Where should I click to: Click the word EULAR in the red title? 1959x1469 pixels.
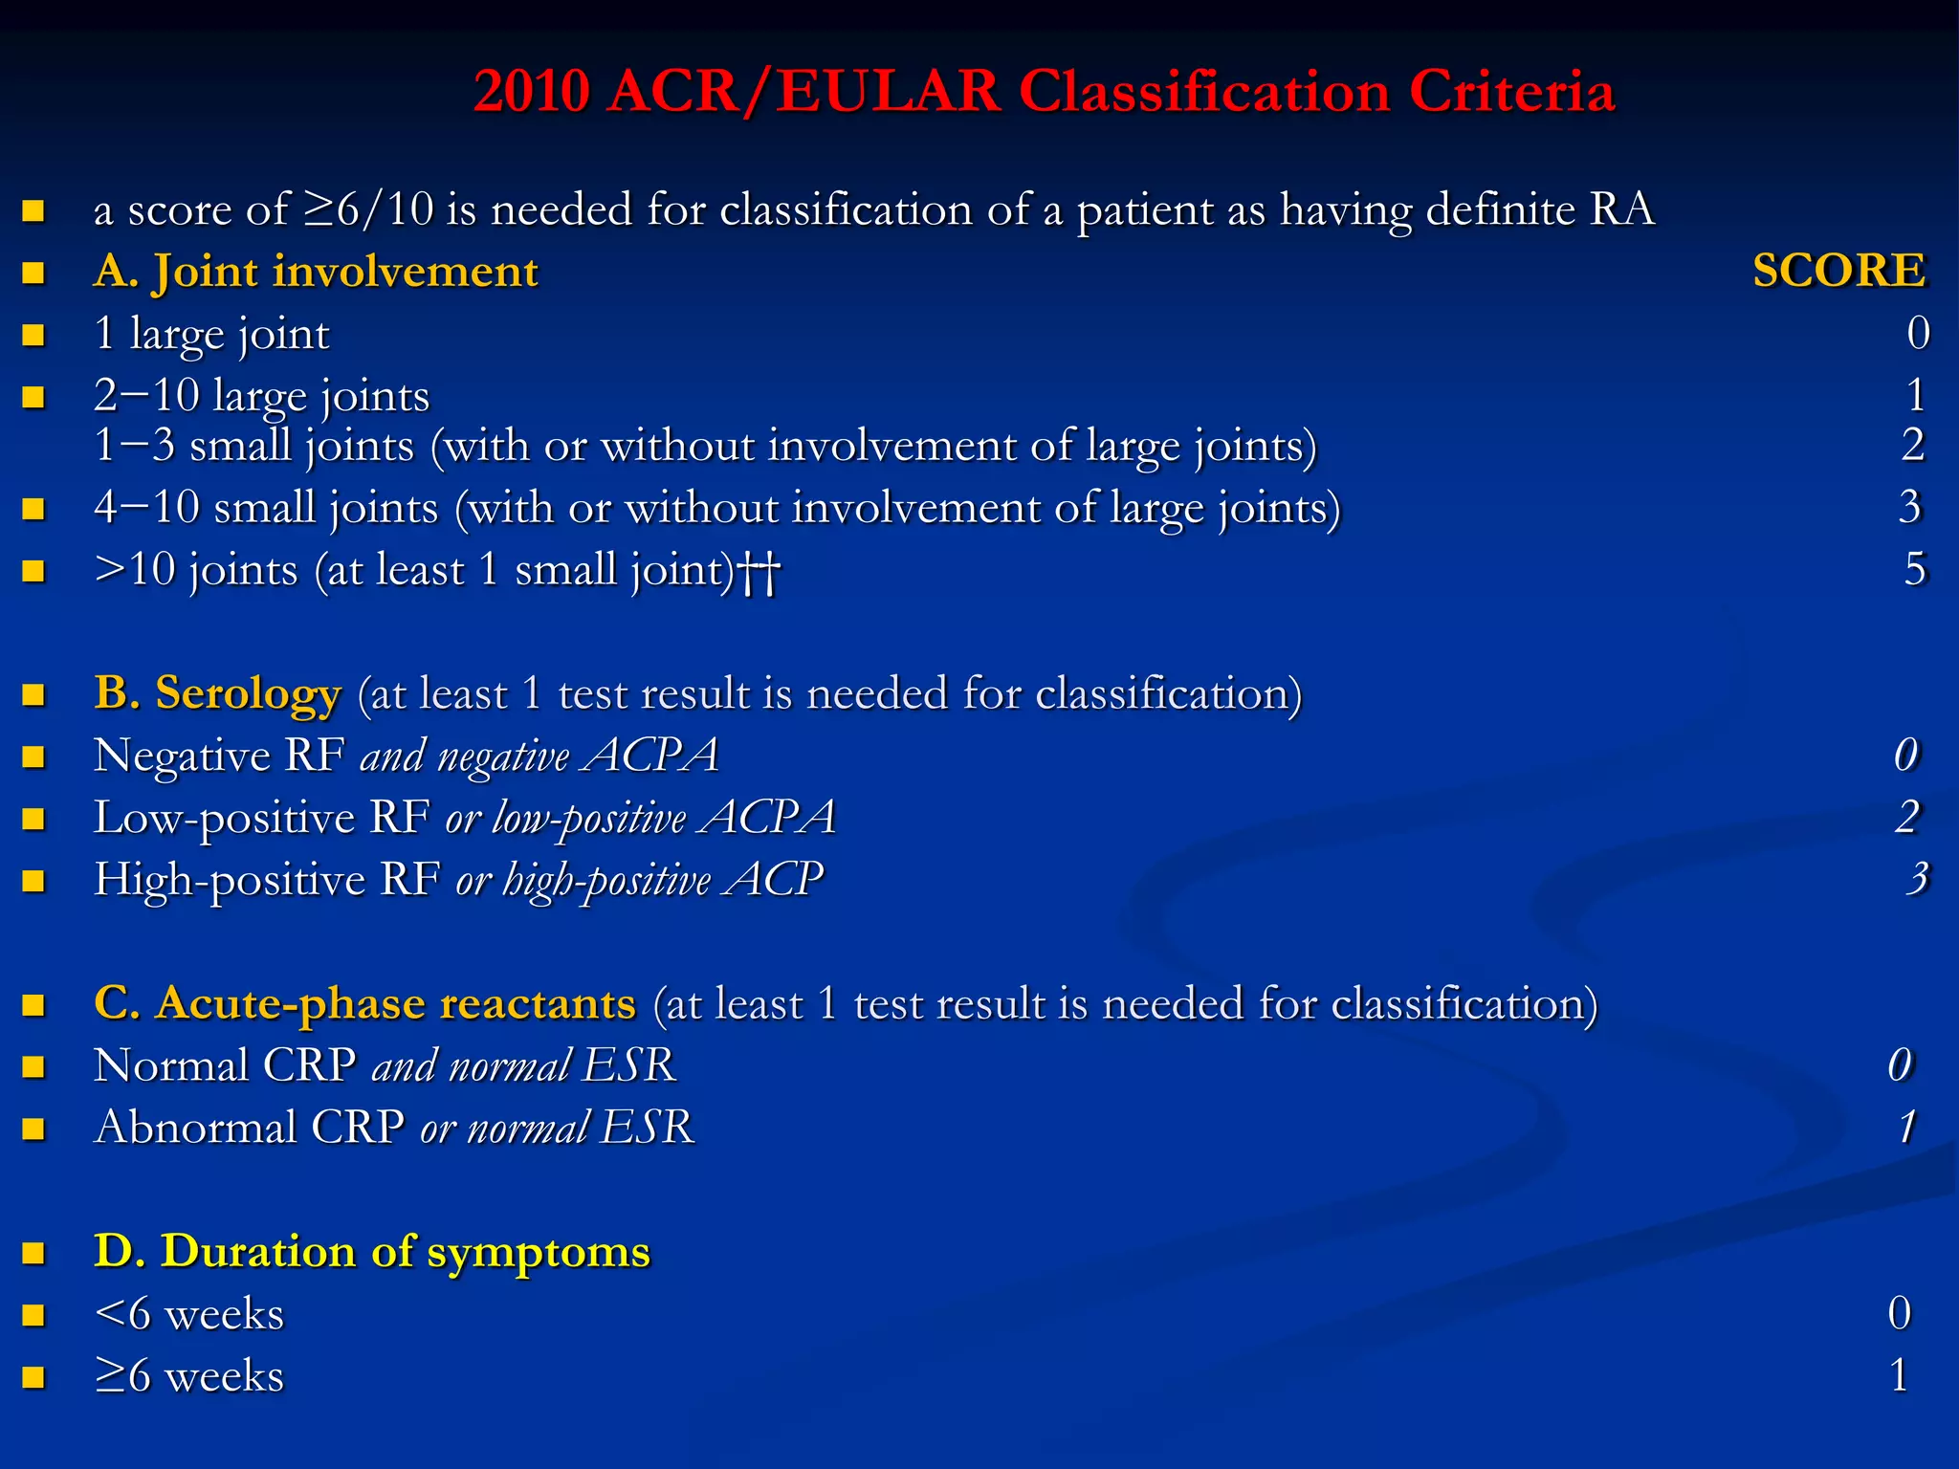[x=888, y=93]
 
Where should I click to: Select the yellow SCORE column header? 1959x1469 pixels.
[x=1838, y=271]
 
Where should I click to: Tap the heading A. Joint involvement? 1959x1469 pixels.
[x=316, y=272]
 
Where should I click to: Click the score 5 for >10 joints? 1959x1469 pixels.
[x=1914, y=569]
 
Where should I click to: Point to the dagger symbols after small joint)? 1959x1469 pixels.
[x=760, y=572]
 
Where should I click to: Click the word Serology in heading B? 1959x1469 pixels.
[x=248, y=693]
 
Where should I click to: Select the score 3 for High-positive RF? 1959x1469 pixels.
[x=1917, y=879]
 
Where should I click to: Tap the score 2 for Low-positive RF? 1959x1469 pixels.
[x=1907, y=817]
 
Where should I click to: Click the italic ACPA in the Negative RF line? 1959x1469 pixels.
[x=652, y=756]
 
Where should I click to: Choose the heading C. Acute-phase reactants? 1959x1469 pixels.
[x=364, y=1003]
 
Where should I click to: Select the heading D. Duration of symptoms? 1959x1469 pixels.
[x=371, y=1251]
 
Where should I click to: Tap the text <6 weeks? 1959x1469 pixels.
[x=188, y=1314]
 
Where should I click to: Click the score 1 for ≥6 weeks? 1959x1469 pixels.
[x=1900, y=1375]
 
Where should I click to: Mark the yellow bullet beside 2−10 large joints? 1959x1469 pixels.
[x=34, y=396]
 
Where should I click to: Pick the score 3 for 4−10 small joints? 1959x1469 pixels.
[x=1909, y=507]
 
